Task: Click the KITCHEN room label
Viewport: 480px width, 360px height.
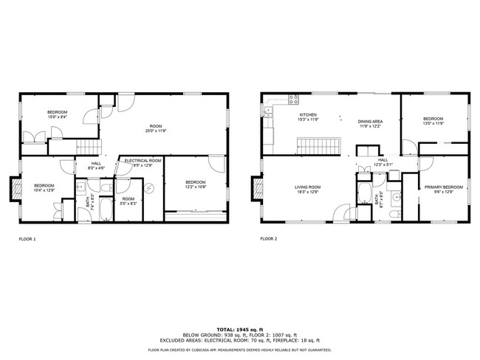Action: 308,115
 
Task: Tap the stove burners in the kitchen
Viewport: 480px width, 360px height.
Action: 294,99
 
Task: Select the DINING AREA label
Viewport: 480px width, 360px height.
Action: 370,121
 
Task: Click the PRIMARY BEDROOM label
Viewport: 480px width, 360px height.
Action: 443,187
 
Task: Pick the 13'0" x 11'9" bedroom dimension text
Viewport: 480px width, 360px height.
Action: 433,124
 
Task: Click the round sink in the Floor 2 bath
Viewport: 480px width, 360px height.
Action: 397,197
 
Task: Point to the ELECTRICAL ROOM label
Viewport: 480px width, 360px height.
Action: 143,161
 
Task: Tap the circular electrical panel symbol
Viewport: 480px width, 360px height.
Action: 149,187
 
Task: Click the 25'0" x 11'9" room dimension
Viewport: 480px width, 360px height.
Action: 156,131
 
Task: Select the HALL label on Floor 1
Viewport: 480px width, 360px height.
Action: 96,164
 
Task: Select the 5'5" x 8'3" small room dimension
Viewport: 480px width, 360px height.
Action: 128,203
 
